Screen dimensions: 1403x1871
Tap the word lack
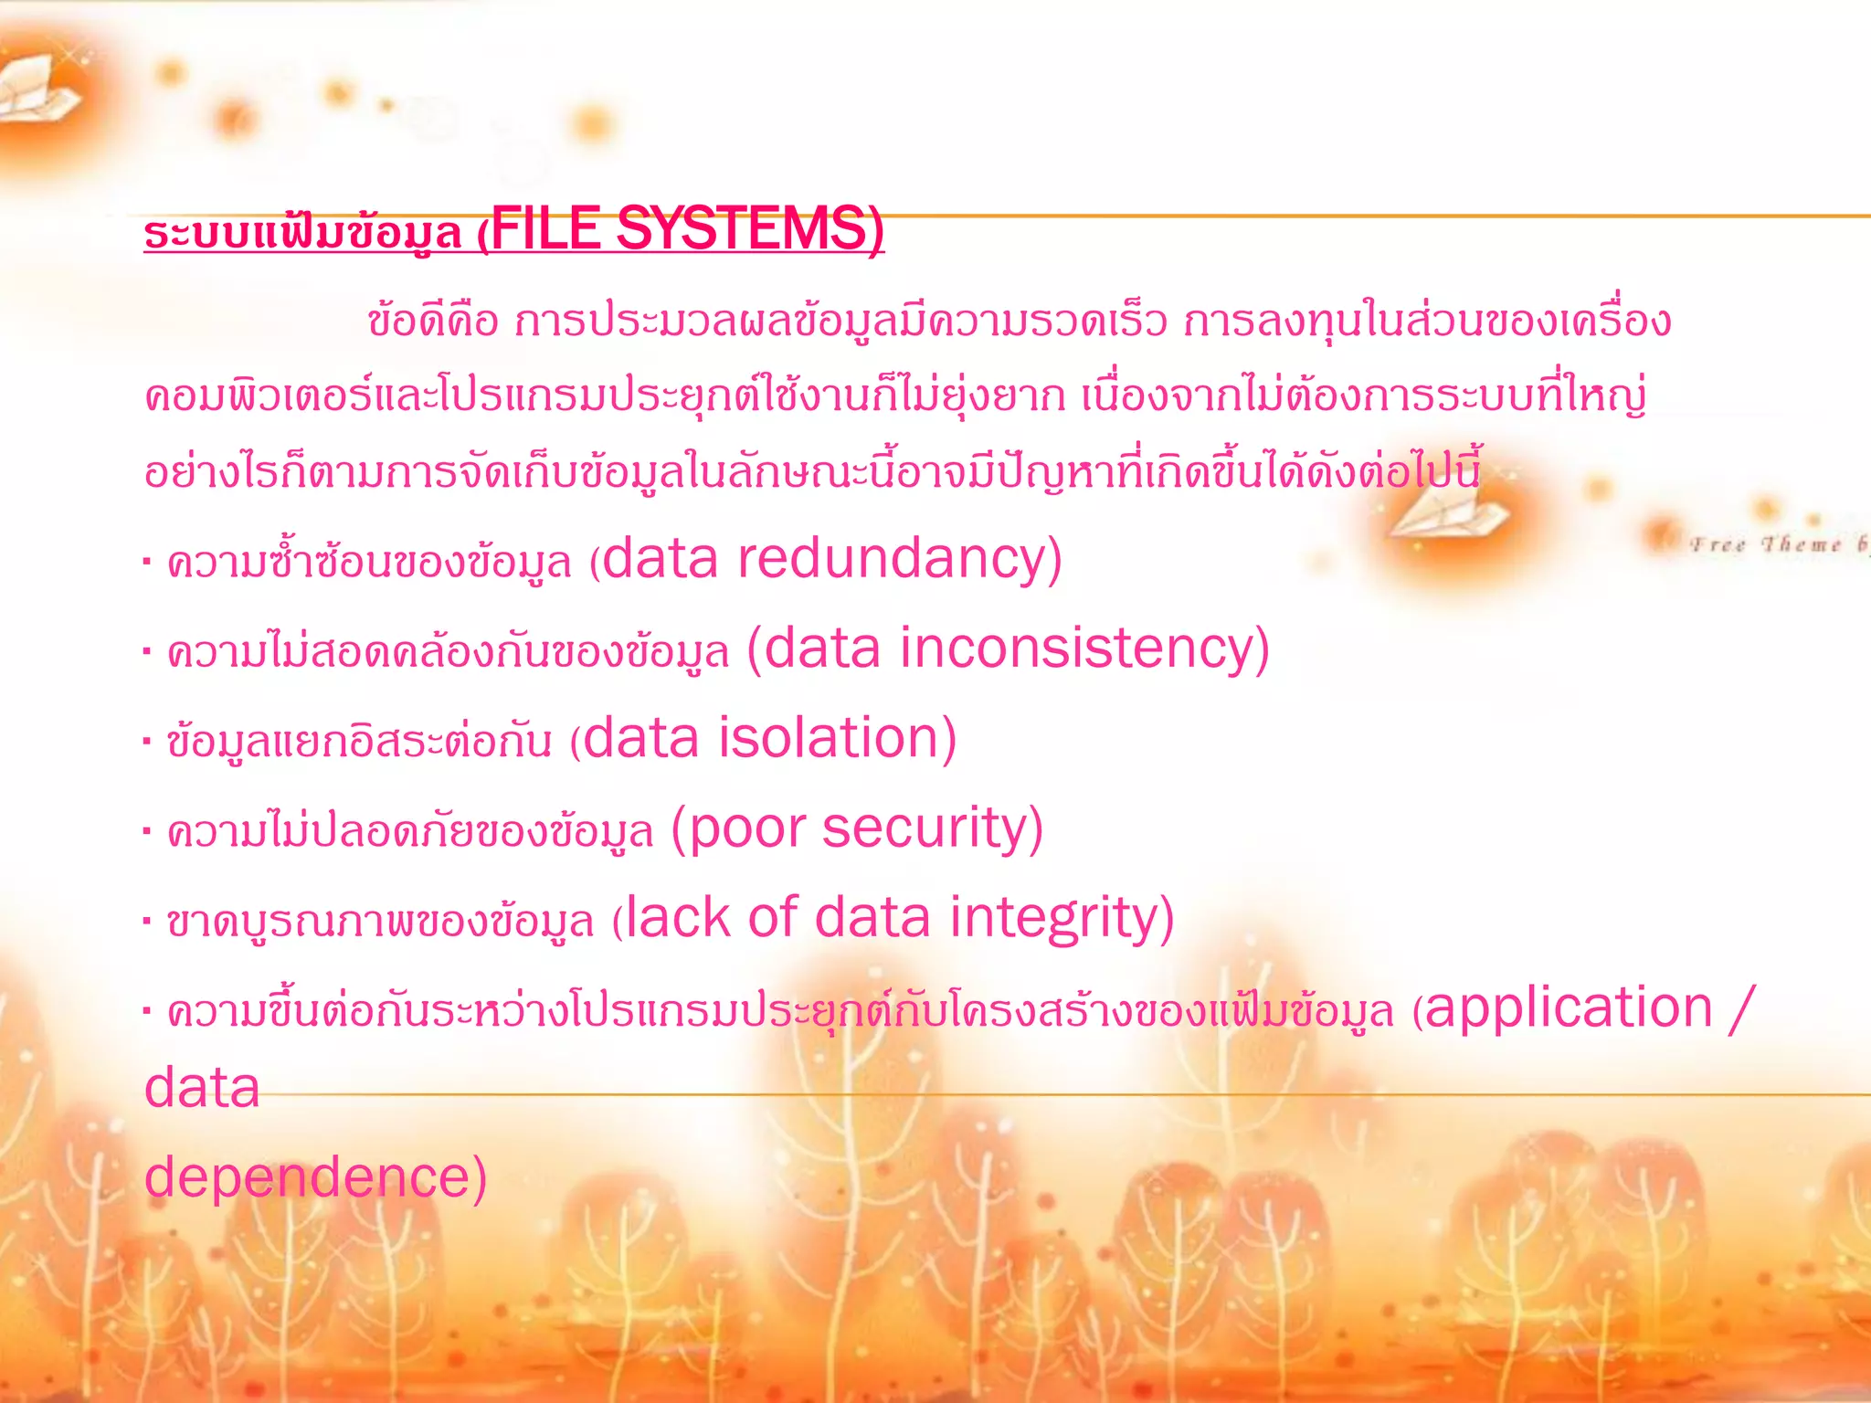(677, 918)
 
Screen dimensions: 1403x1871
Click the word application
(1568, 1008)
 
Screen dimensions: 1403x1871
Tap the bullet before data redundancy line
(147, 561)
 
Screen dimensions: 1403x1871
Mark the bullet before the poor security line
(147, 831)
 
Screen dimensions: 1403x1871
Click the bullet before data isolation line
(147, 741)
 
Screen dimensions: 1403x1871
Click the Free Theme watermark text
(1772, 545)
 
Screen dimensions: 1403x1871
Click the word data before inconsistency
(822, 649)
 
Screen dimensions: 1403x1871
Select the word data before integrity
(872, 918)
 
